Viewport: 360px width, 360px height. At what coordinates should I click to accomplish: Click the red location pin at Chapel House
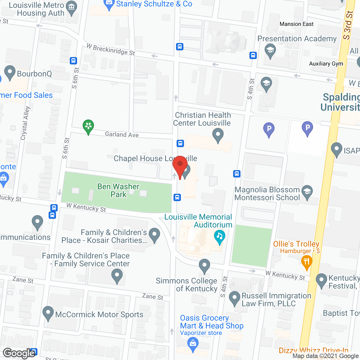[x=180, y=166]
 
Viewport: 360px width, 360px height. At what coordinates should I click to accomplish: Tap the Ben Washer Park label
[x=118, y=190]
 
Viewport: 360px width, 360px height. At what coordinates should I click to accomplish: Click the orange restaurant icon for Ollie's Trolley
[x=307, y=262]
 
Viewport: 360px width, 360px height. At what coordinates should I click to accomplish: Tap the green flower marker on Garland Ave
[x=88, y=126]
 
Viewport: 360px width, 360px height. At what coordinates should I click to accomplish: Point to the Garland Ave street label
[x=122, y=134]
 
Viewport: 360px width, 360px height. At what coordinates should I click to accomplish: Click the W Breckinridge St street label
[x=111, y=49]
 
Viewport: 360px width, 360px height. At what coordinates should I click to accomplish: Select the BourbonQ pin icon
[x=10, y=72]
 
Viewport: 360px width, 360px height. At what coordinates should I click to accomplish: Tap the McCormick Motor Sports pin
[x=48, y=313]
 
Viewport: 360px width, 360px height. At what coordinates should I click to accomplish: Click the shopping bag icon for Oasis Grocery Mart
[x=193, y=344]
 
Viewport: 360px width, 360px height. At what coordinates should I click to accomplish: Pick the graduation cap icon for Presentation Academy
[x=270, y=51]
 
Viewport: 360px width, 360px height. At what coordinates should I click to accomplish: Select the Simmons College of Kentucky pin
[x=204, y=265]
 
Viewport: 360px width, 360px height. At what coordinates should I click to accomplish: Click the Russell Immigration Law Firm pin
[x=234, y=298]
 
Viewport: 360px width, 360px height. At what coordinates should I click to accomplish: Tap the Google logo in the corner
[x=19, y=353]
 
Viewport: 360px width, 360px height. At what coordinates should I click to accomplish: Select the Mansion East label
[x=296, y=24]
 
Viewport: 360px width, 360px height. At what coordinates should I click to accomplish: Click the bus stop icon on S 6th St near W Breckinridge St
[x=73, y=60]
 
